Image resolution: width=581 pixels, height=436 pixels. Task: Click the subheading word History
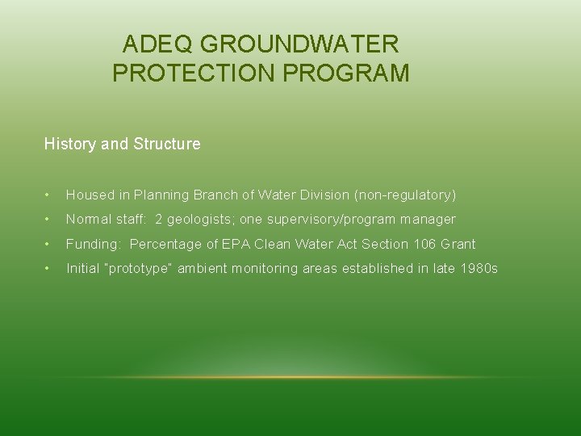point(70,145)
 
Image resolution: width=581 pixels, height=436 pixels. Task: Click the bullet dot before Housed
point(48,195)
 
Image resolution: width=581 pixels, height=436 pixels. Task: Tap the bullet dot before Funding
point(48,245)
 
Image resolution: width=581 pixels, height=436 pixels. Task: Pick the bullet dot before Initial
point(48,269)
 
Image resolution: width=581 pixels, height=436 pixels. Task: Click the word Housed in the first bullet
point(88,195)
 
